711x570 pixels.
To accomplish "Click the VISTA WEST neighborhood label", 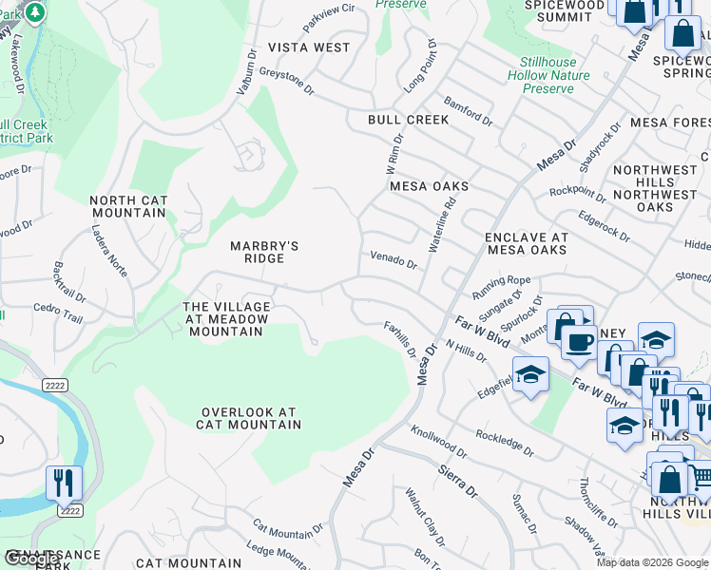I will (x=309, y=47).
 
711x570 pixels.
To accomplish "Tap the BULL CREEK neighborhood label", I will (x=409, y=120).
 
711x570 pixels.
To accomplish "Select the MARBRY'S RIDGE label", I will (x=264, y=253).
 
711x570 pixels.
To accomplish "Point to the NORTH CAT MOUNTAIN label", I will (x=128, y=206).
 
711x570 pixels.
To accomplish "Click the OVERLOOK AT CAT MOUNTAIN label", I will (x=248, y=419).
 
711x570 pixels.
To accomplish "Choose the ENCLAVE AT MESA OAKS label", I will (x=527, y=244).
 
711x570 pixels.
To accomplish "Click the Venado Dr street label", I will (x=394, y=259).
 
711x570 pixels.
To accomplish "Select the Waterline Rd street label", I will (x=443, y=223).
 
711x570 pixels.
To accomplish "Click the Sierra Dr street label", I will (x=457, y=481).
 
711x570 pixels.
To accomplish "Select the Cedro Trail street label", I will (x=58, y=313).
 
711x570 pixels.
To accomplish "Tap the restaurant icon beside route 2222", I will (x=64, y=483).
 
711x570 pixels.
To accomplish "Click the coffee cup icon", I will (x=578, y=342).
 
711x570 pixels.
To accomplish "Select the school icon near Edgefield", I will (x=530, y=374).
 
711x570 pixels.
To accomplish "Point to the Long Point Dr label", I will (x=418, y=66).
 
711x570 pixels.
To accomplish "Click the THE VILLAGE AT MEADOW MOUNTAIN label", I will (x=227, y=319).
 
